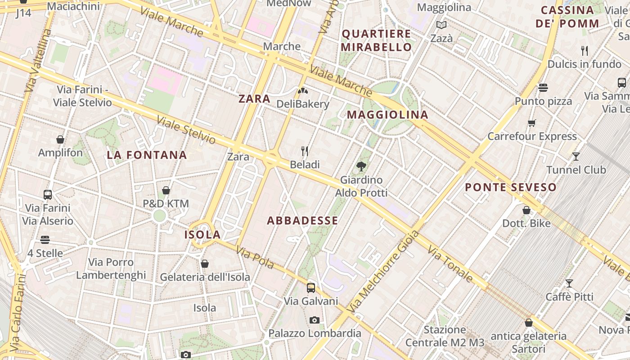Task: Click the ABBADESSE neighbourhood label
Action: (302, 220)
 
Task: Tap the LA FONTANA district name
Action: (147, 155)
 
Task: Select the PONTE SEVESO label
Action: (511, 187)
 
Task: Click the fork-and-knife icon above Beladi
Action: (305, 151)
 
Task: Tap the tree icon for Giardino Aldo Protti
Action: (361, 166)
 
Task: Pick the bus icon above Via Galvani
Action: (311, 288)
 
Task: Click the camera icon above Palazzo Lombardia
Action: (315, 320)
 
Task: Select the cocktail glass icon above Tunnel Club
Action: (576, 156)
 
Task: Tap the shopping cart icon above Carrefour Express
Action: (532, 123)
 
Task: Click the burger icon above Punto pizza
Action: (543, 87)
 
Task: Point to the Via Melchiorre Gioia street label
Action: (384, 272)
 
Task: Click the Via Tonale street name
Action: (450, 264)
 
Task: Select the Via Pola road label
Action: (255, 258)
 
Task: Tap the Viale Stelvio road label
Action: (186, 130)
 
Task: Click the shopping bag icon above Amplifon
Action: (60, 139)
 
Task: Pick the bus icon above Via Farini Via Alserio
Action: (48, 195)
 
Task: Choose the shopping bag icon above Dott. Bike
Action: (526, 210)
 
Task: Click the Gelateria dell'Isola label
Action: (205, 277)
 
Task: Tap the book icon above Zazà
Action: (441, 25)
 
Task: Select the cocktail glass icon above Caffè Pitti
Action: (569, 283)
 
